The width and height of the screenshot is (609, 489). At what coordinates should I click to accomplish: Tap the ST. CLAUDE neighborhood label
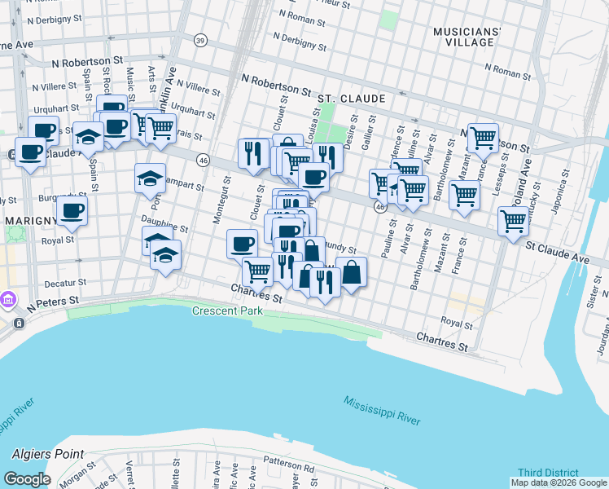(351, 99)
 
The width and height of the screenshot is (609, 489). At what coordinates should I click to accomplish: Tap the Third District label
(548, 473)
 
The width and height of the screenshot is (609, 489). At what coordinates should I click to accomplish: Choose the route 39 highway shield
(200, 40)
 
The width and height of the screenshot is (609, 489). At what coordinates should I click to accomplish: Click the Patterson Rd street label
(288, 469)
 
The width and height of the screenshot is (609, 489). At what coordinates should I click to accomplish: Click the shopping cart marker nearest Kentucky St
(513, 220)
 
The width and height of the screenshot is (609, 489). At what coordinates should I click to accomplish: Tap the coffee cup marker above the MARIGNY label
(72, 209)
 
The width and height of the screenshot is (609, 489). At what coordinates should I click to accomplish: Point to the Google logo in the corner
(27, 479)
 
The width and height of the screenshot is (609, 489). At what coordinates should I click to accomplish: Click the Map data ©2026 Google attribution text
(559, 483)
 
